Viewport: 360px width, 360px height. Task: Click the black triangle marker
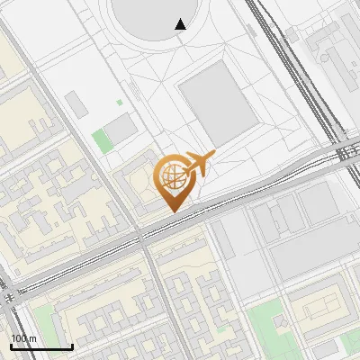click(181, 24)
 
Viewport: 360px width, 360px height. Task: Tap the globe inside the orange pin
click(173, 177)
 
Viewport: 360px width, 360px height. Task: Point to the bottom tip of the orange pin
click(173, 211)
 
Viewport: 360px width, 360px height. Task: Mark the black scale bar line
click(41, 346)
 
